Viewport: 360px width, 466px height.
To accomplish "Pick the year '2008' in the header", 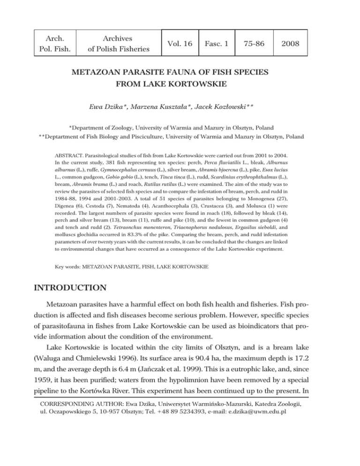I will tap(290, 43).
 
